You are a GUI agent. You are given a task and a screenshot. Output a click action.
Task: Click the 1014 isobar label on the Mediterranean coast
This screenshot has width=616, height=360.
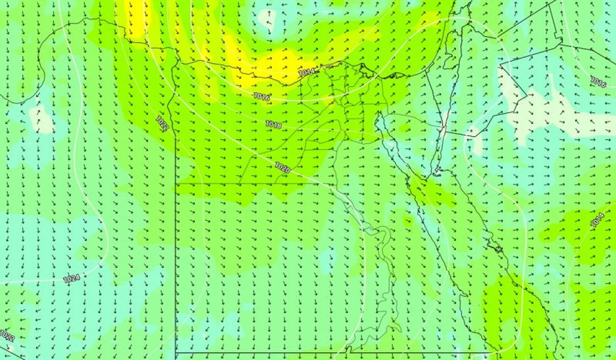point(306,72)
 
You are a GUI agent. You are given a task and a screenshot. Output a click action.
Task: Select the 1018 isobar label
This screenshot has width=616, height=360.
point(273,125)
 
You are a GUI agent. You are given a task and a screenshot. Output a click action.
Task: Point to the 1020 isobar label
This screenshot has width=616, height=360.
point(282,168)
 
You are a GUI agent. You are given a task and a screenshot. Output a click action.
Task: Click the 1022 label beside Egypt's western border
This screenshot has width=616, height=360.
point(162,122)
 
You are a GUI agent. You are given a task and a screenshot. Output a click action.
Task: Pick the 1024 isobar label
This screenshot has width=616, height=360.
point(71,279)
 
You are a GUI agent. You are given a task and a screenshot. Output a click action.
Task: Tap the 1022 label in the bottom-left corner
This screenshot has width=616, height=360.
point(7,338)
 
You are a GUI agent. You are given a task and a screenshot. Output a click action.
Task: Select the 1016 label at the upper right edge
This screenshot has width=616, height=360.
point(598,83)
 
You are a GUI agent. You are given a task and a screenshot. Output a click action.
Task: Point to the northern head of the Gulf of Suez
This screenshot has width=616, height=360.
point(382,118)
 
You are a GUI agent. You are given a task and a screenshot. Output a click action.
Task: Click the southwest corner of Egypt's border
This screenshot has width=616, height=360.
point(176,354)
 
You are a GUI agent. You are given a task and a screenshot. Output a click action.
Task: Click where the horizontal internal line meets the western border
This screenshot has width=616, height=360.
point(176,184)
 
